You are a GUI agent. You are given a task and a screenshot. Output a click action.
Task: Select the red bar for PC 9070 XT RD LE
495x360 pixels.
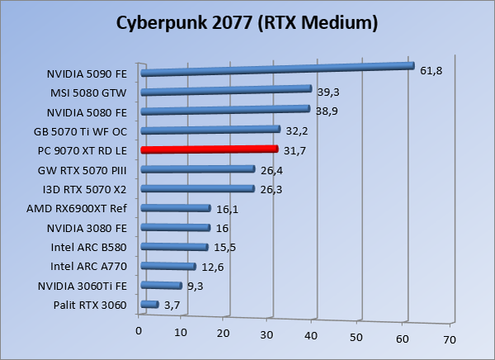(210, 149)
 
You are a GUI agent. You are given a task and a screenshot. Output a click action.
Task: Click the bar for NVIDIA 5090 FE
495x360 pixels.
(277, 69)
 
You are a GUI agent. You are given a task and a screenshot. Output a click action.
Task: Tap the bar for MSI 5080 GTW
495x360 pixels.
(226, 90)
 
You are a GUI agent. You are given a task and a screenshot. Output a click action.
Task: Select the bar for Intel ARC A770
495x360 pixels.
(168, 266)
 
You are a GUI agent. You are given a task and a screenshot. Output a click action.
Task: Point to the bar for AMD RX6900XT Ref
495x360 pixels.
(176, 208)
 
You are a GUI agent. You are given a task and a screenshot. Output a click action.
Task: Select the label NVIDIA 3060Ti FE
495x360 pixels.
(82, 286)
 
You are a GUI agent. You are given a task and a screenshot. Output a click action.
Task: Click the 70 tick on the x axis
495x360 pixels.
(449, 339)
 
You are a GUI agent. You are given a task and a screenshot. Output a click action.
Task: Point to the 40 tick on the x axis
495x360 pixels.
(312, 334)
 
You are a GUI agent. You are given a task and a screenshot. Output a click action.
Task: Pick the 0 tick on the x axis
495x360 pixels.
(139, 331)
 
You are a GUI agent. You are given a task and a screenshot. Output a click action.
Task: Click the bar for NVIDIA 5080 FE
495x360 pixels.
(225, 110)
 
